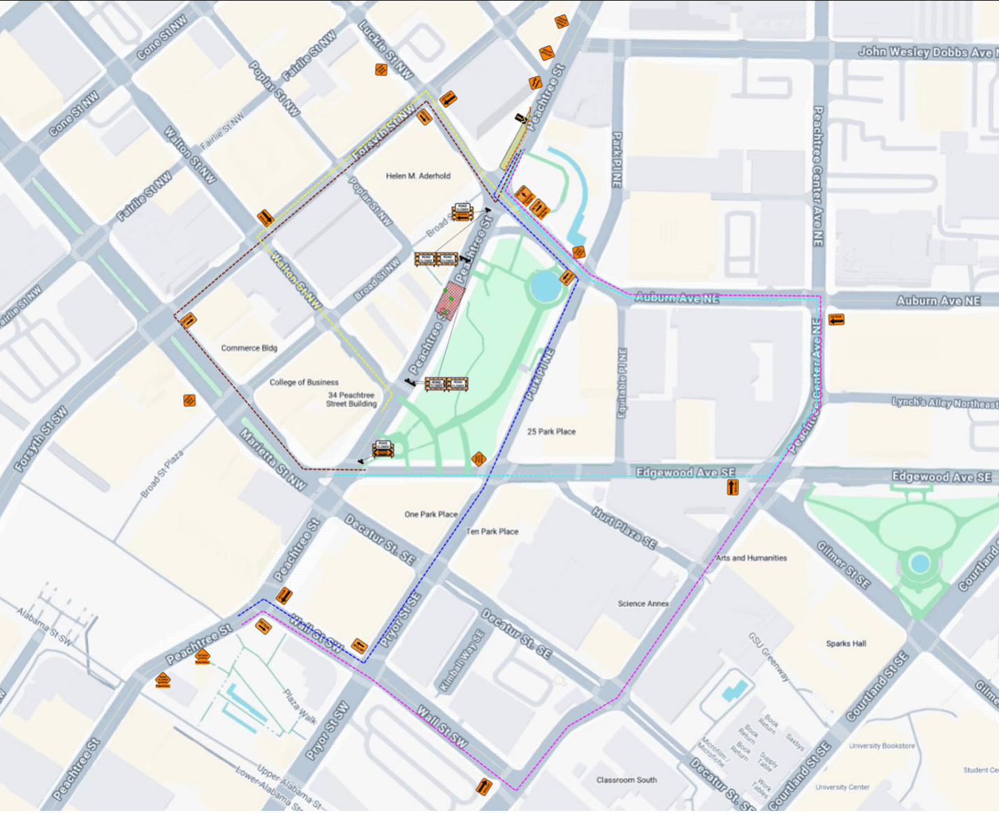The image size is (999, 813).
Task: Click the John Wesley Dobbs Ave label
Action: point(926,52)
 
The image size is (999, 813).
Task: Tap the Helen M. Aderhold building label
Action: point(418,176)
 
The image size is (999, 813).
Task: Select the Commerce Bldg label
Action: point(249,348)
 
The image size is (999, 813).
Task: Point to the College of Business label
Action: point(304,382)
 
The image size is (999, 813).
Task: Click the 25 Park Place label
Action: point(551,432)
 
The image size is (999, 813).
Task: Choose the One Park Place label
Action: point(430,514)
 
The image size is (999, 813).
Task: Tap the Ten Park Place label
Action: point(492,532)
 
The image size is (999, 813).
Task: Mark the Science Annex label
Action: point(643,603)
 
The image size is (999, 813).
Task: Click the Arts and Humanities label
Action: point(751,558)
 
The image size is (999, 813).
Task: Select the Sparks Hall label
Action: point(845,643)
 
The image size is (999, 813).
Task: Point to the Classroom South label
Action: point(626,780)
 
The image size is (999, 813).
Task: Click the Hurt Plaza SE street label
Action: point(624,528)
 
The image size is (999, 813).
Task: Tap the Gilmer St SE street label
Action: point(843,565)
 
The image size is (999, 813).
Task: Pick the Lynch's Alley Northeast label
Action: point(945,403)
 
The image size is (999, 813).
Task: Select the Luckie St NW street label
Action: point(386,49)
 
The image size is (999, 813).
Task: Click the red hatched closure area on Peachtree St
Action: point(451,301)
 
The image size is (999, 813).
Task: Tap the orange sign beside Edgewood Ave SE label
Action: point(732,487)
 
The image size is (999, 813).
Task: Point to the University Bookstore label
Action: point(882,746)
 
